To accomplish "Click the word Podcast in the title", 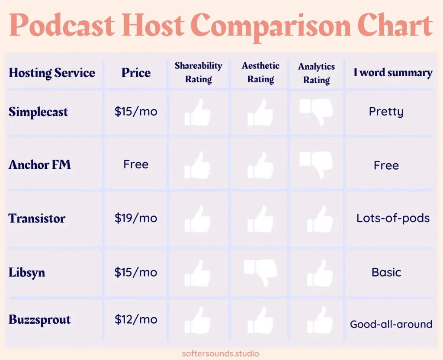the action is (62, 25).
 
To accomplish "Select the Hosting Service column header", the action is (52, 73).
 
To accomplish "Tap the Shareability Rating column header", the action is (198, 72).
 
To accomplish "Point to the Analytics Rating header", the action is (316, 73).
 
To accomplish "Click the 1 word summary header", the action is (393, 72).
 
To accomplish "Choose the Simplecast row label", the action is (38, 112).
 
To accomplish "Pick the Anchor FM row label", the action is (39, 164).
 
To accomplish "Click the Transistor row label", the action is (37, 218).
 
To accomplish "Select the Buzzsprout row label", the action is (39, 320).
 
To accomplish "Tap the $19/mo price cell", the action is (136, 218).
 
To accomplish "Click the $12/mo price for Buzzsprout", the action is (136, 319).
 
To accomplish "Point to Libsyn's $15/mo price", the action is (136, 272).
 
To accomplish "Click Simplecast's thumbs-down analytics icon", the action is (316, 112).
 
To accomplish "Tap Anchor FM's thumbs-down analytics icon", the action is (316, 165).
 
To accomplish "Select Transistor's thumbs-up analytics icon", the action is (320, 219).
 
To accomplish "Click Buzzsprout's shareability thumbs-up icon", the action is (197, 320).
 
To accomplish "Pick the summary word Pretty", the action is (386, 112).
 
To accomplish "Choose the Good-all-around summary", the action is (391, 324).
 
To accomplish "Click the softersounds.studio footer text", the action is (220, 354).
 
